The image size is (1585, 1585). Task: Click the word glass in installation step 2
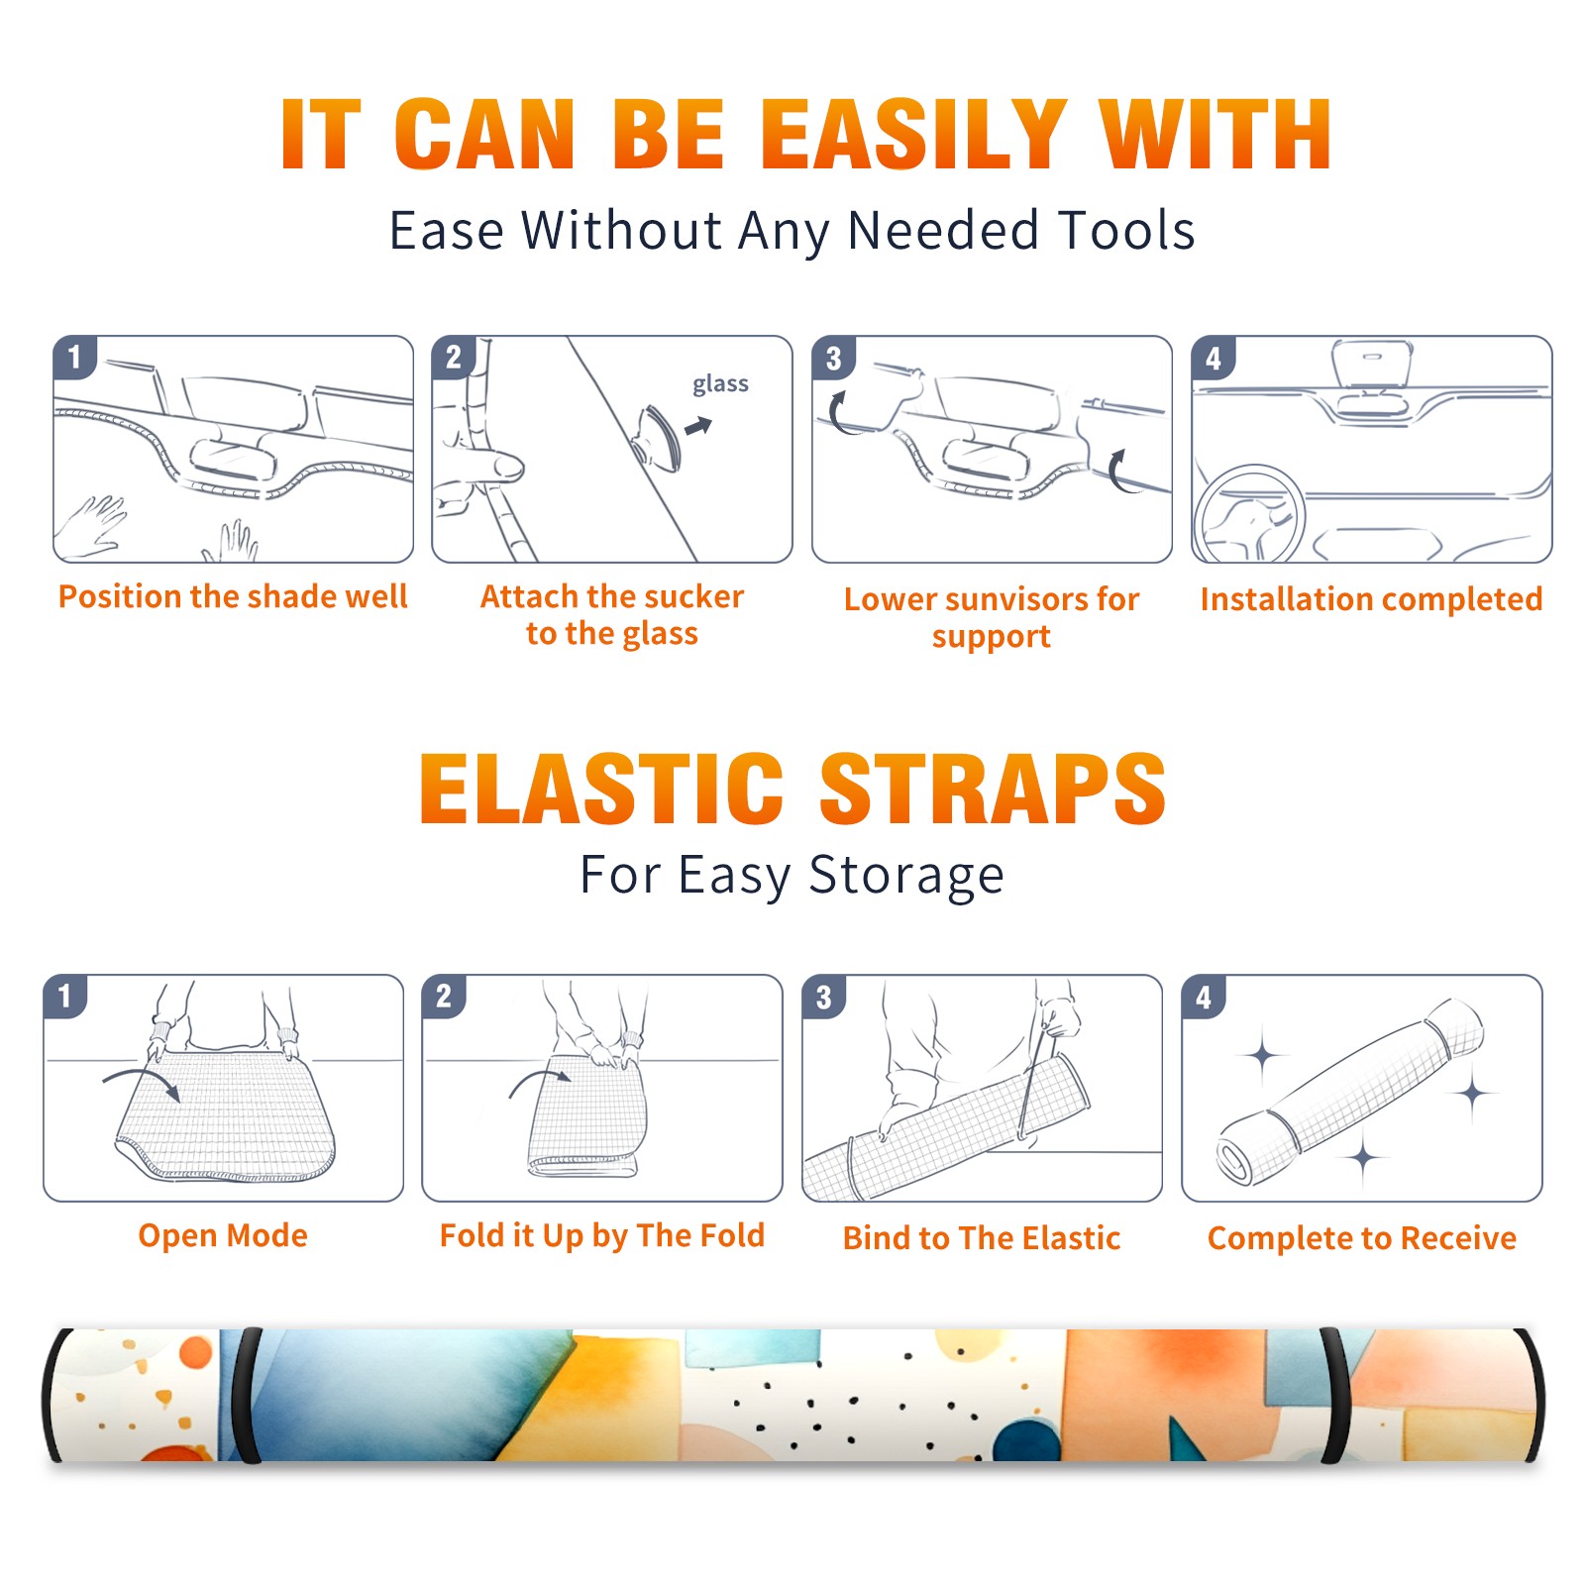click(x=720, y=383)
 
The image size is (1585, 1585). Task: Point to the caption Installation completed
click(x=1371, y=598)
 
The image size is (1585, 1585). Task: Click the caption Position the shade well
click(x=233, y=596)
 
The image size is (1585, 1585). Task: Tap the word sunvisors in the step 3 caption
click(x=1007, y=599)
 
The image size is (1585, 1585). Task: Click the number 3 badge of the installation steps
click(x=833, y=358)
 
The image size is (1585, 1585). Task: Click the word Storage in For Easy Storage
click(x=906, y=877)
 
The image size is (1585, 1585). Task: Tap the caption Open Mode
click(x=223, y=1235)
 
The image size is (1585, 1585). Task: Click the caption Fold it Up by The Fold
click(x=602, y=1235)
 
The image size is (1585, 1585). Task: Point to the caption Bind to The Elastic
click(x=982, y=1237)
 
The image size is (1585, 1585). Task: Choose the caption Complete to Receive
click(x=1362, y=1238)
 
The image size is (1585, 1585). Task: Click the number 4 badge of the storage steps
click(x=1204, y=997)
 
